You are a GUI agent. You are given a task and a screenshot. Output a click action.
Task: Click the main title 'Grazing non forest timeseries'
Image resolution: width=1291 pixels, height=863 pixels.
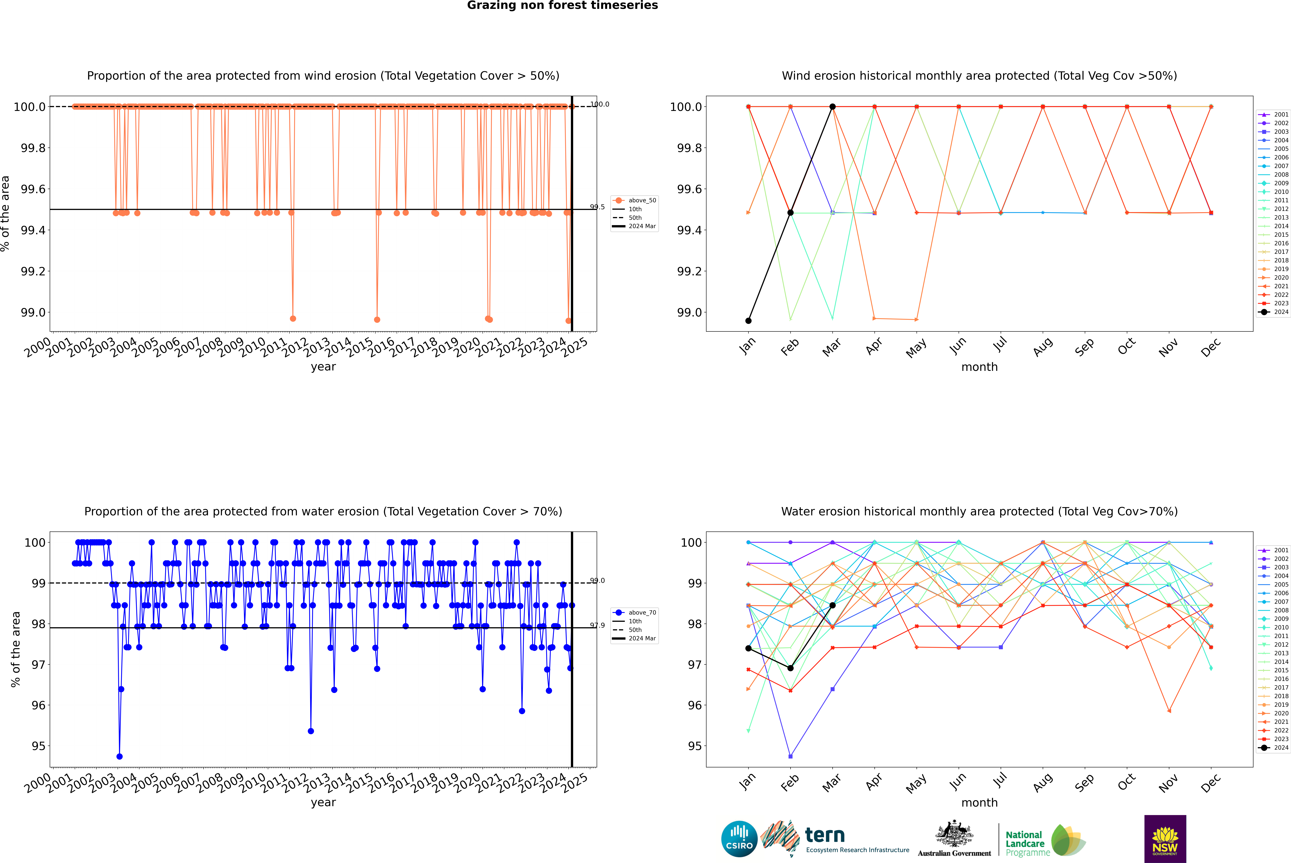[562, 5]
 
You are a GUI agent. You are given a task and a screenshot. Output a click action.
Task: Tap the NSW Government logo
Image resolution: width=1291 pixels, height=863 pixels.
[1165, 838]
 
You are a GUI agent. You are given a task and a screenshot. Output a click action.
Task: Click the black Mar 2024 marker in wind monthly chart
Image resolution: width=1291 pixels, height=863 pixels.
[833, 107]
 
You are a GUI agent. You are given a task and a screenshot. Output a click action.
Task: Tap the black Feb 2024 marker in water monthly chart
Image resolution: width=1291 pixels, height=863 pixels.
[791, 668]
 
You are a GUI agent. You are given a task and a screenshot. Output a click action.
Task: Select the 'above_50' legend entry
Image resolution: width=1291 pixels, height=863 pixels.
[642, 200]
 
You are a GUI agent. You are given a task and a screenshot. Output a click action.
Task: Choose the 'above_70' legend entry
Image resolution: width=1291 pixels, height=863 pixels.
[642, 613]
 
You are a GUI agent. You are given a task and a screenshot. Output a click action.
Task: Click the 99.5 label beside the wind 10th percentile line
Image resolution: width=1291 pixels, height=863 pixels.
[597, 207]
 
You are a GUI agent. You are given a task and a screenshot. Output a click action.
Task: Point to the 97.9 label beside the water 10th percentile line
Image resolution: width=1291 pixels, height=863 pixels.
[597, 625]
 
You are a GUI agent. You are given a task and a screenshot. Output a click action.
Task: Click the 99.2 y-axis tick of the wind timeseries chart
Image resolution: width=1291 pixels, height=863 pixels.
[33, 271]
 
